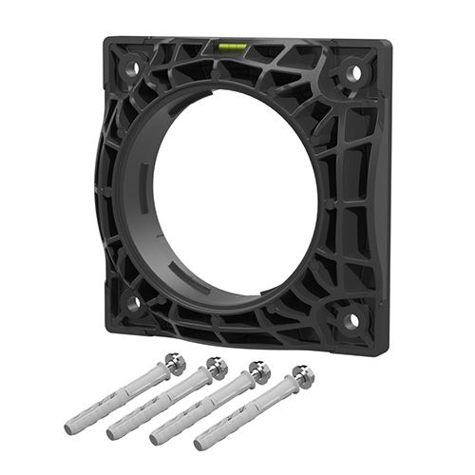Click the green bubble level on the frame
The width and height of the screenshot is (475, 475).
coord(231,45)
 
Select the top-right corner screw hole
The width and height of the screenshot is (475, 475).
coord(353,72)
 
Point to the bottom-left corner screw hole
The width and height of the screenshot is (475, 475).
coord(134,302)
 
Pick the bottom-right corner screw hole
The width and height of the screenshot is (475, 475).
coord(351,321)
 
